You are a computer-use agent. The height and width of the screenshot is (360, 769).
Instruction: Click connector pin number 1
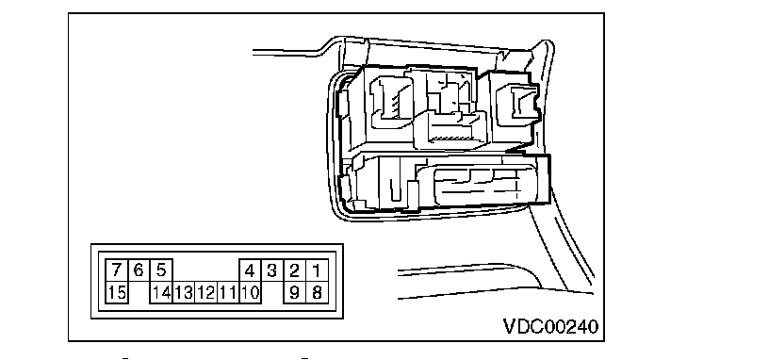(317, 270)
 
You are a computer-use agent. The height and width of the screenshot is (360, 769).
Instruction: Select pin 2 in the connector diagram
(294, 270)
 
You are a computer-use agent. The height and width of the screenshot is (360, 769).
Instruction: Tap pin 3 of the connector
(271, 270)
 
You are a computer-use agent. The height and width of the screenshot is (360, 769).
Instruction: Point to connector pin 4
(250, 270)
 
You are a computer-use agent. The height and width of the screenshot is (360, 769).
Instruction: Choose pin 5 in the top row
(161, 270)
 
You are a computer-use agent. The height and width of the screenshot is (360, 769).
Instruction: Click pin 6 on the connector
(139, 270)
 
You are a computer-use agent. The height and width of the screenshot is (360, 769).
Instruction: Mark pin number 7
(117, 270)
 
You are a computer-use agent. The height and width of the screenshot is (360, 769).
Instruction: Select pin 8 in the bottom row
(317, 293)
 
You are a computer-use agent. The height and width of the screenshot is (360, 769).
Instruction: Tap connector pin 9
(294, 293)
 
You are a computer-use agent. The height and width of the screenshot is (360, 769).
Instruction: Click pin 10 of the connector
(250, 293)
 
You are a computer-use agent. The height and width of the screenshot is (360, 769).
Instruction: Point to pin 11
(227, 293)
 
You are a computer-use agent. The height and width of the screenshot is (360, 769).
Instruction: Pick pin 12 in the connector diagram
(205, 293)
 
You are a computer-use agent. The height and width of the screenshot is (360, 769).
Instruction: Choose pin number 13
(184, 293)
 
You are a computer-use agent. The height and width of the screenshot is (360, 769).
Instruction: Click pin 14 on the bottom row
(161, 293)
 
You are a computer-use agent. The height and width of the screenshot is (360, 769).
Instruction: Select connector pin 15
(117, 293)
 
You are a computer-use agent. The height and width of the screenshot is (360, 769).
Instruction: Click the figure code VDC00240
(550, 326)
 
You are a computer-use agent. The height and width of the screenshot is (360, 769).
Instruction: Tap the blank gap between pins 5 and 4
(205, 270)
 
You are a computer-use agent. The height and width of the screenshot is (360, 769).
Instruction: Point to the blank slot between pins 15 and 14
(139, 293)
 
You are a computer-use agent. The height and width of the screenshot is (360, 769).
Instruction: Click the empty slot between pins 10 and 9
(272, 293)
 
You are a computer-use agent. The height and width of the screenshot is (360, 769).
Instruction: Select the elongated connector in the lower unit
(477, 184)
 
